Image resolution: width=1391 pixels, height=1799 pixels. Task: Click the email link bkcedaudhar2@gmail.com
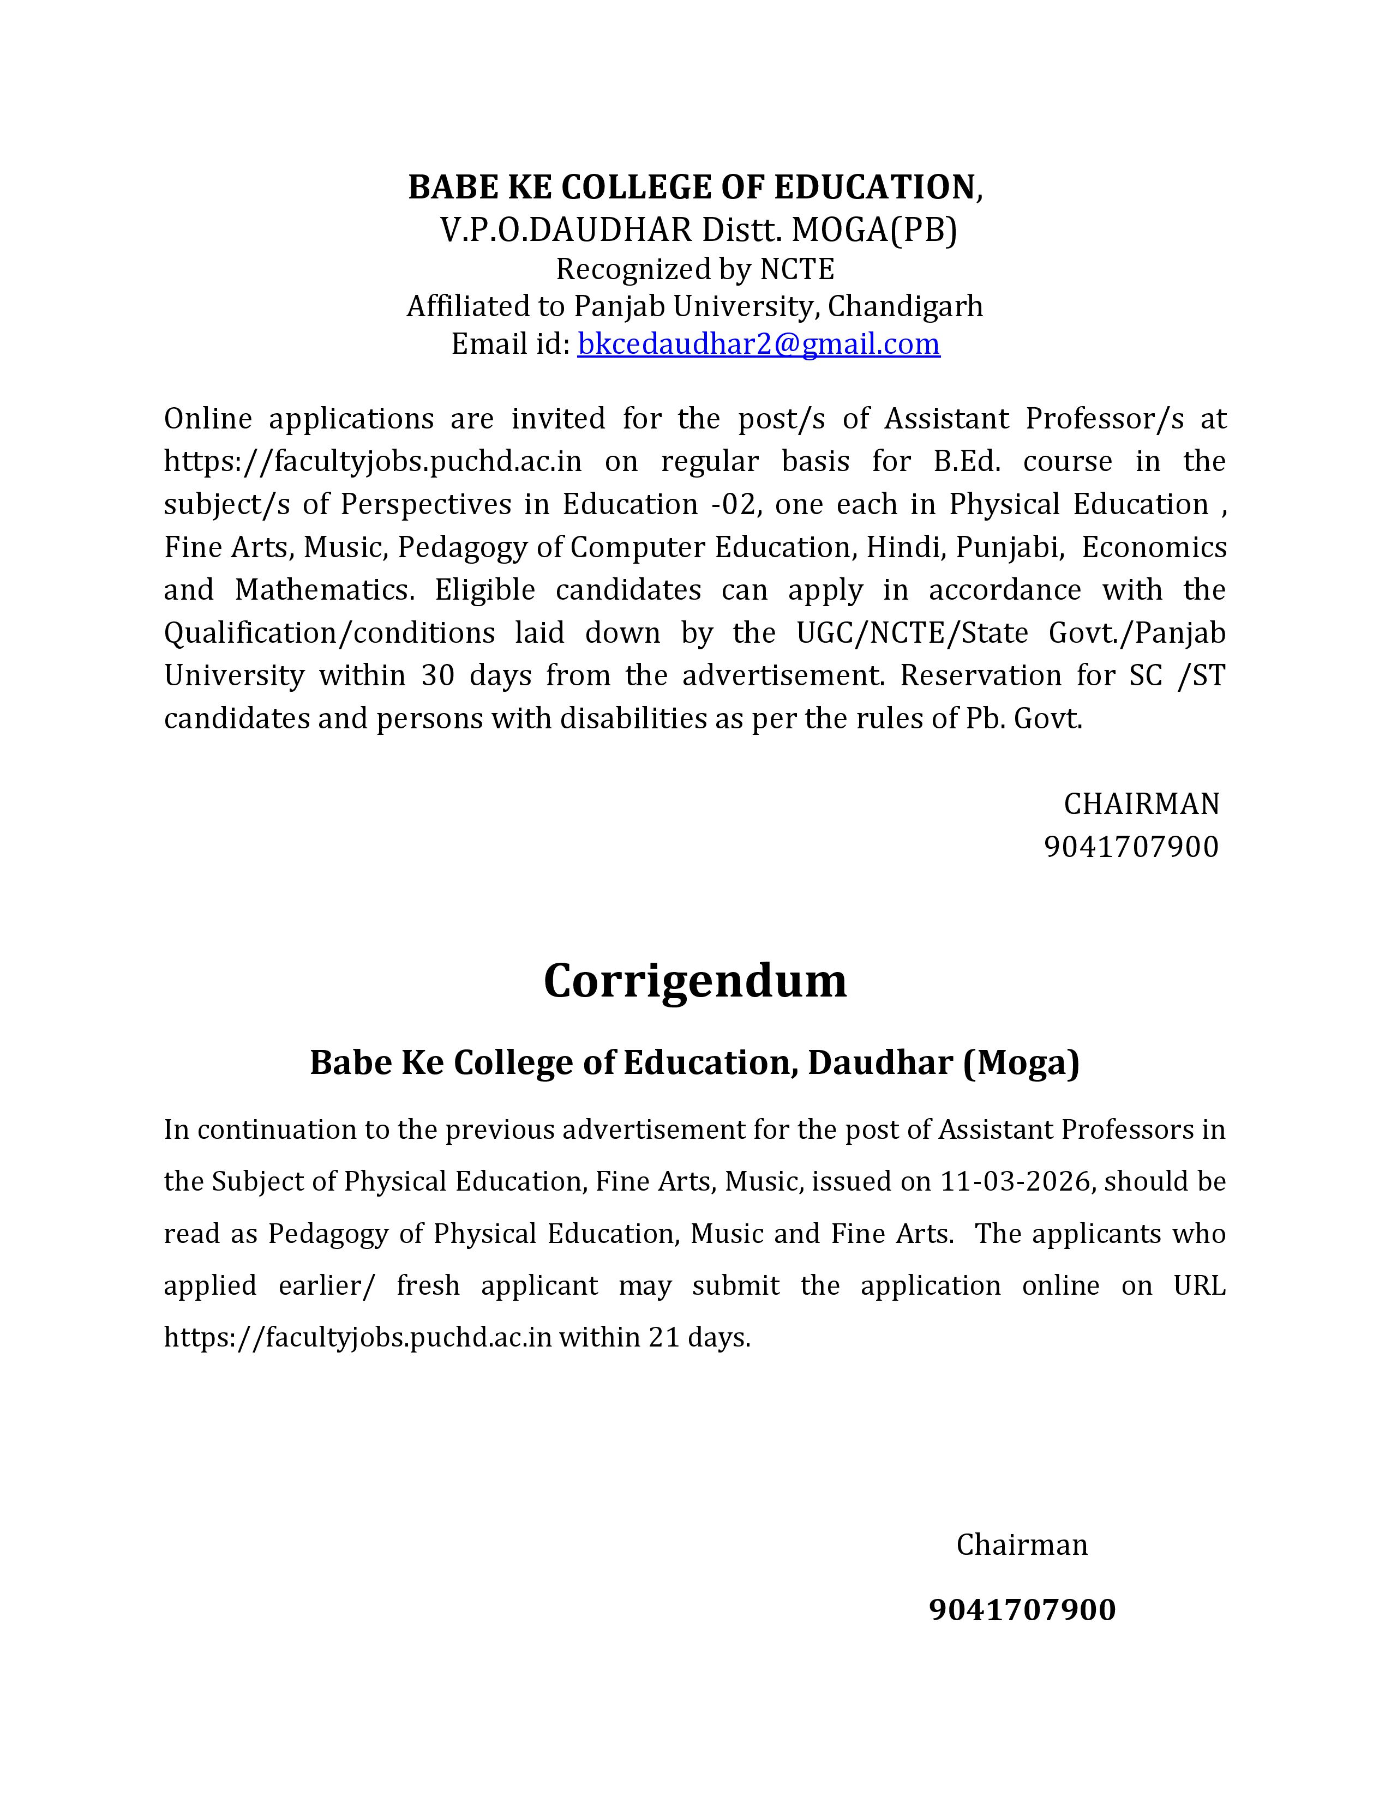(758, 343)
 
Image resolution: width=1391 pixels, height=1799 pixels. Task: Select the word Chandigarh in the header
(905, 306)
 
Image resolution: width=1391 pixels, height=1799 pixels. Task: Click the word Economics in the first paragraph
(1154, 547)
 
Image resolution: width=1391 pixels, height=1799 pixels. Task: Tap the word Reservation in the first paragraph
(979, 675)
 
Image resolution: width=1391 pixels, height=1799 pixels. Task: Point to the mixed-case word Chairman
(1022, 1544)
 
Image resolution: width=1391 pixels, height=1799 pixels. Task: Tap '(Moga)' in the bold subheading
(1021, 1063)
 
